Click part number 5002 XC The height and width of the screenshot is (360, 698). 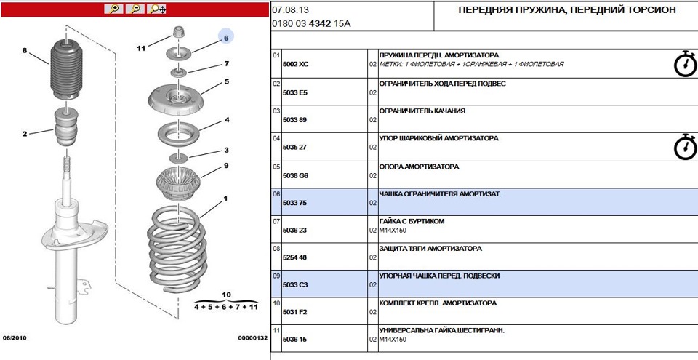295,65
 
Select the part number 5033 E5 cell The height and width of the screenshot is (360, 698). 294,92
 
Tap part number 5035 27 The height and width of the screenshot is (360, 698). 294,148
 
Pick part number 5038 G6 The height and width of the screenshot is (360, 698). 295,175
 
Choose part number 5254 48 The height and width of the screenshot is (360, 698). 294,257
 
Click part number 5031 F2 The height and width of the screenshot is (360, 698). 294,313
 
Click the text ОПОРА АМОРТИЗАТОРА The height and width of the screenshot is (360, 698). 420,167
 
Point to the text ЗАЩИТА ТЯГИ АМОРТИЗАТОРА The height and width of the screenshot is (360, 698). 430,249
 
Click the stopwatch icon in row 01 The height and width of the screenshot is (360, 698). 684,64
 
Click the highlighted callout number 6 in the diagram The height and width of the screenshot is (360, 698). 226,37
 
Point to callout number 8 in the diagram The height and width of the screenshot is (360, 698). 24,51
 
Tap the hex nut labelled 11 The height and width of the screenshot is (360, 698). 177,33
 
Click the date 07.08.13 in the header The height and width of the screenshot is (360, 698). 286,10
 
